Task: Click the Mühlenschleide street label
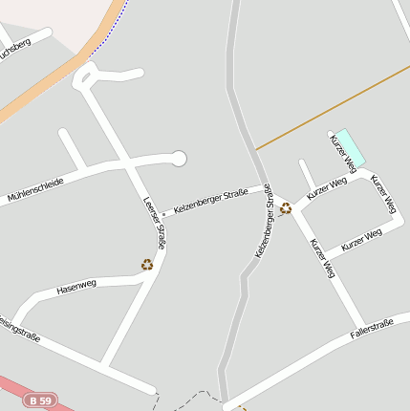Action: [x=36, y=189]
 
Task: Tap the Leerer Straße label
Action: [x=155, y=224]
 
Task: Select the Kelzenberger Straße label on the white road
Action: [x=210, y=201]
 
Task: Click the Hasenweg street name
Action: [x=76, y=286]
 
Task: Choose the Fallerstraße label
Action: [x=372, y=329]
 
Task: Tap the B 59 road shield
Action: [x=40, y=400]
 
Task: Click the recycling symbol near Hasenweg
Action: [x=147, y=265]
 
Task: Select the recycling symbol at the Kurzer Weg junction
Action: [x=285, y=207]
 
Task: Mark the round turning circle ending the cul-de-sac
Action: [x=179, y=158]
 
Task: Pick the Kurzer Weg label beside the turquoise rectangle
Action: [x=342, y=153]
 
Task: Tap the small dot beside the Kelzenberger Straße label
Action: [x=162, y=213]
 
